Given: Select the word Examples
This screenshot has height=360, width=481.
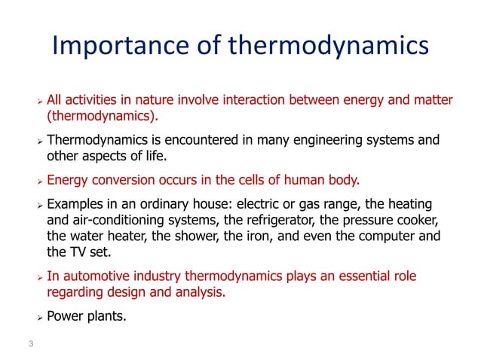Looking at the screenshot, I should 75,206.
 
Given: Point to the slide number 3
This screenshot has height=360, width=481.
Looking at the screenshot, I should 31,344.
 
